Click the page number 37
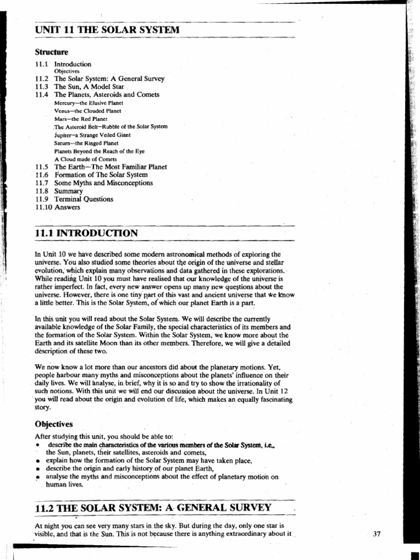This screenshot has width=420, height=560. [x=376, y=534]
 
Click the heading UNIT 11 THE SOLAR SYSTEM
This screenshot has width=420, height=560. [x=107, y=30]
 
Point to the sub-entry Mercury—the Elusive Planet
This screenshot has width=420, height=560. [x=89, y=103]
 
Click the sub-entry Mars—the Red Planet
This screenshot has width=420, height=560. [x=81, y=119]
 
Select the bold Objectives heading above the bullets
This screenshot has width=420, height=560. [x=54, y=424]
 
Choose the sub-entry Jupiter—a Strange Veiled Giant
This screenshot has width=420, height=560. [x=92, y=135]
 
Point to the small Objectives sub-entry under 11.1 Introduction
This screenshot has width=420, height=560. [x=67, y=71]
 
